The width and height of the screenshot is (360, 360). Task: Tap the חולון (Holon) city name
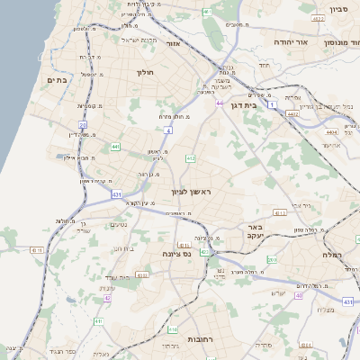[x=145, y=72]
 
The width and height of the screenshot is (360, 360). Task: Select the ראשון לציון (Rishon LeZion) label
[x=190, y=193]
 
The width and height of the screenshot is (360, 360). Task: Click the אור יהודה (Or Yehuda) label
[x=290, y=42]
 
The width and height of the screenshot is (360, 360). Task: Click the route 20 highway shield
[x=83, y=124]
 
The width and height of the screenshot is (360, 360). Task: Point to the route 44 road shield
[x=219, y=103]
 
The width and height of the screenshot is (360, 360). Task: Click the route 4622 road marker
[x=317, y=17]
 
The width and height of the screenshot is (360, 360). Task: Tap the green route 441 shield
[x=115, y=145]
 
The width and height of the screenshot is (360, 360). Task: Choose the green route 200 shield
[x=271, y=260]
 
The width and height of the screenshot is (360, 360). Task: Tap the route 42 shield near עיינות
[x=107, y=298]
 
